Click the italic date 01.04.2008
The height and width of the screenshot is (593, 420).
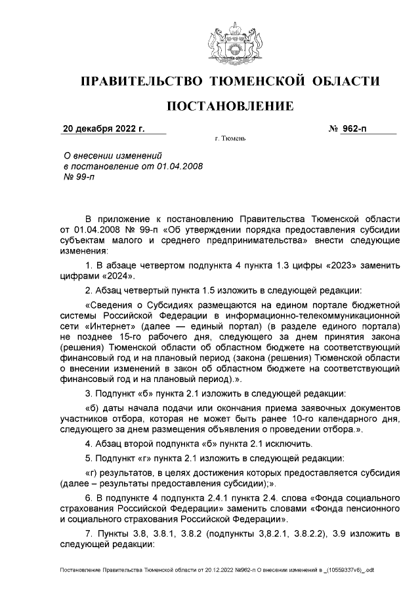tap(177, 167)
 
